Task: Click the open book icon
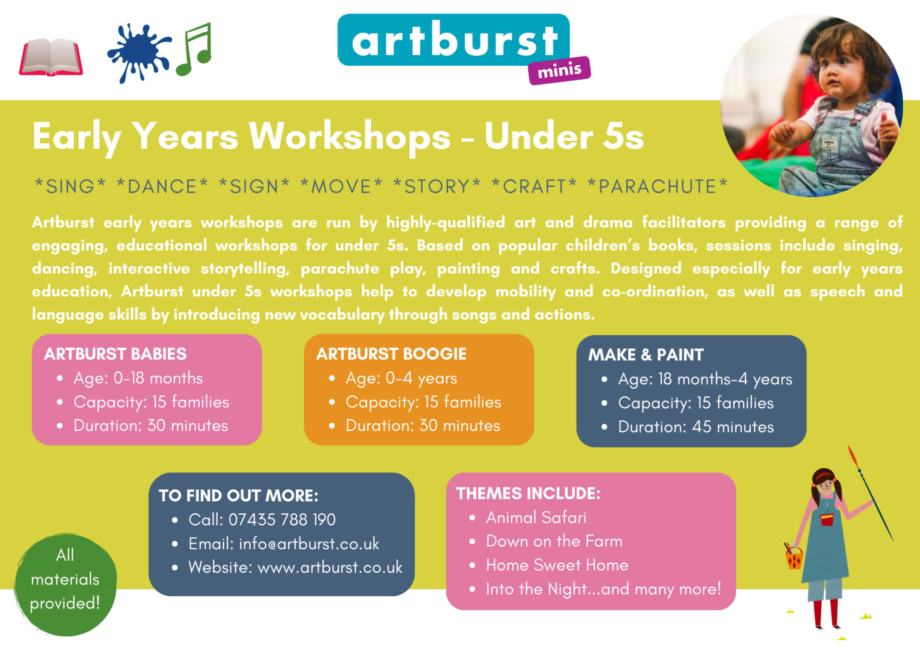[51, 57]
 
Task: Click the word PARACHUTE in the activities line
[657, 186]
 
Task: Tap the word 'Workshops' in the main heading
[350, 137]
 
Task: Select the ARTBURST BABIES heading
[115, 354]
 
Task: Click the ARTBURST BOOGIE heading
[391, 354]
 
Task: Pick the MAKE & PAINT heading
[646, 355]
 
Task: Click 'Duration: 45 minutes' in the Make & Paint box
[696, 427]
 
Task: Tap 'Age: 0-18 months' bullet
[138, 378]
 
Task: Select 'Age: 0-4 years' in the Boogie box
[402, 379]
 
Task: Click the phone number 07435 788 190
[282, 520]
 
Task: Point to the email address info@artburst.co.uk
[309, 544]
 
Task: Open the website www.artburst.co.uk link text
[330, 568]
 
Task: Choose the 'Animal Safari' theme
[536, 518]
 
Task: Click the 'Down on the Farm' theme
[554, 541]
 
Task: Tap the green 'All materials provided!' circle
[65, 585]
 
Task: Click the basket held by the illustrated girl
[794, 558]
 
